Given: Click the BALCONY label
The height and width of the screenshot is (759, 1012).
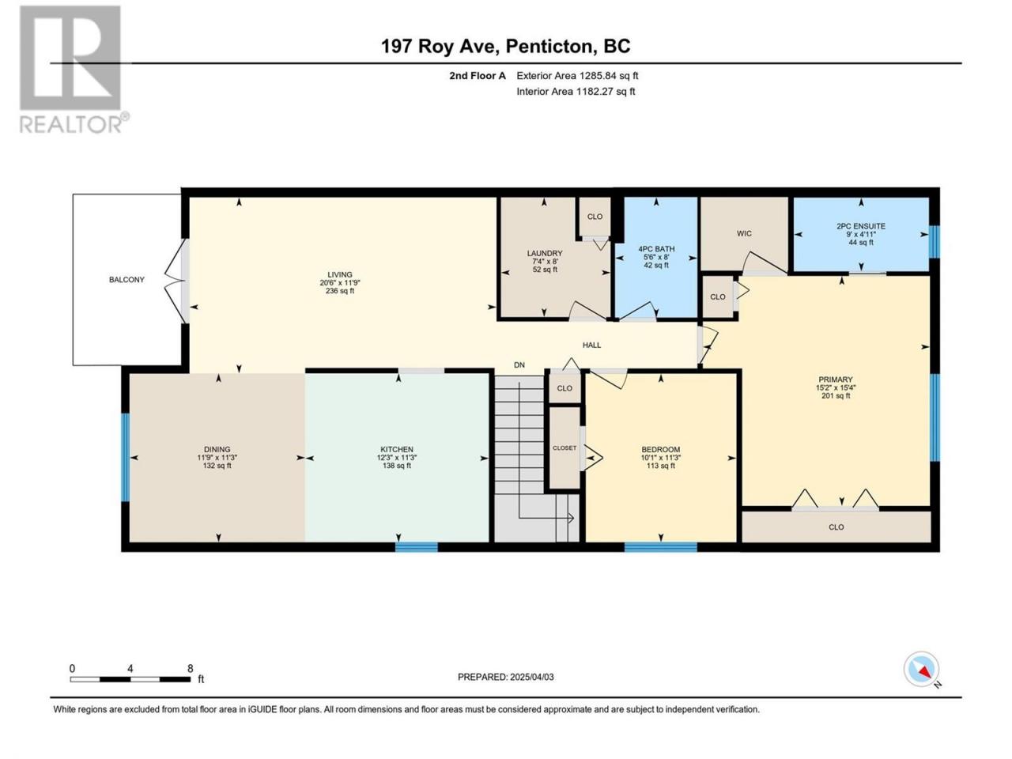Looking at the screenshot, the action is [126, 280].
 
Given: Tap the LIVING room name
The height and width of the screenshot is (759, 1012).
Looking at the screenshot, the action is [340, 274].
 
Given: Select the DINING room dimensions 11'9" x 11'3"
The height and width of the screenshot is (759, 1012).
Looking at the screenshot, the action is [217, 458].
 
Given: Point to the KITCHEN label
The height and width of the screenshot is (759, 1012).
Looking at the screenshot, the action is [397, 449].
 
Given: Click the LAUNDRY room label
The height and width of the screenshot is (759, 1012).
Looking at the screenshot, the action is [545, 254].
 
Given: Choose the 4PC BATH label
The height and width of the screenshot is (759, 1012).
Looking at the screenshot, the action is [656, 249].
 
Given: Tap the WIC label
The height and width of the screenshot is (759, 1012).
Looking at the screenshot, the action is [744, 234].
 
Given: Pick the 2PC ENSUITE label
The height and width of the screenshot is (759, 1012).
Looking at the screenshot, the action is [861, 226].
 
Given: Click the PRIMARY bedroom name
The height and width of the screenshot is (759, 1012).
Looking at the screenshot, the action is [836, 379].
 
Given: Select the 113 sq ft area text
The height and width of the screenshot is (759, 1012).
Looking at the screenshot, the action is [661, 466].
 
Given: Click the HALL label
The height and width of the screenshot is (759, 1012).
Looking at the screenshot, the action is [591, 346].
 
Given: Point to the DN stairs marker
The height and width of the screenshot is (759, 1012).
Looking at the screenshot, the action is [519, 365].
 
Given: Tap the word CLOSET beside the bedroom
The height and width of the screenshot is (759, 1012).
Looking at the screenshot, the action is [565, 448].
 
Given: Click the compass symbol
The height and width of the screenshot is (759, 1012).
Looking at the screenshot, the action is [921, 669].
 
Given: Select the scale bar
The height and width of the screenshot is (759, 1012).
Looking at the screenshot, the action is [130, 679].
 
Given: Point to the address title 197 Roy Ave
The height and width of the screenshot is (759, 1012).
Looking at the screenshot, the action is [440, 46].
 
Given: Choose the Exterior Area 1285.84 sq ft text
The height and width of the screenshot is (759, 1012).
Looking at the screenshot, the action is [577, 76].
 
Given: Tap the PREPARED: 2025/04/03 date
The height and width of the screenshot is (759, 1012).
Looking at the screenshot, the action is [506, 677].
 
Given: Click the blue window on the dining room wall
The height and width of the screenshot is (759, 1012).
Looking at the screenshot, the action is [125, 457].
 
